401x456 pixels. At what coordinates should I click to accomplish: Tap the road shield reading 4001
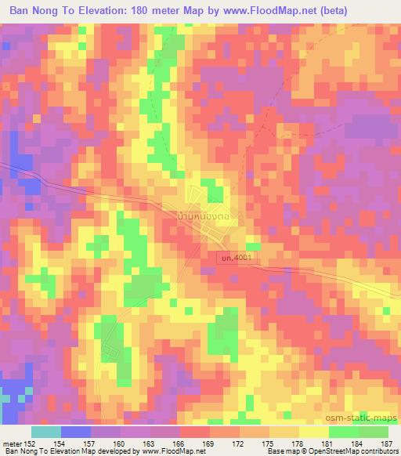pos(237,257)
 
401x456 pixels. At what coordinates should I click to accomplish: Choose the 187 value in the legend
pos(387,444)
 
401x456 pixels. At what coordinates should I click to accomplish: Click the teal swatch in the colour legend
pos(45,432)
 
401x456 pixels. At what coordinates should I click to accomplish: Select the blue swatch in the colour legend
pos(75,432)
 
